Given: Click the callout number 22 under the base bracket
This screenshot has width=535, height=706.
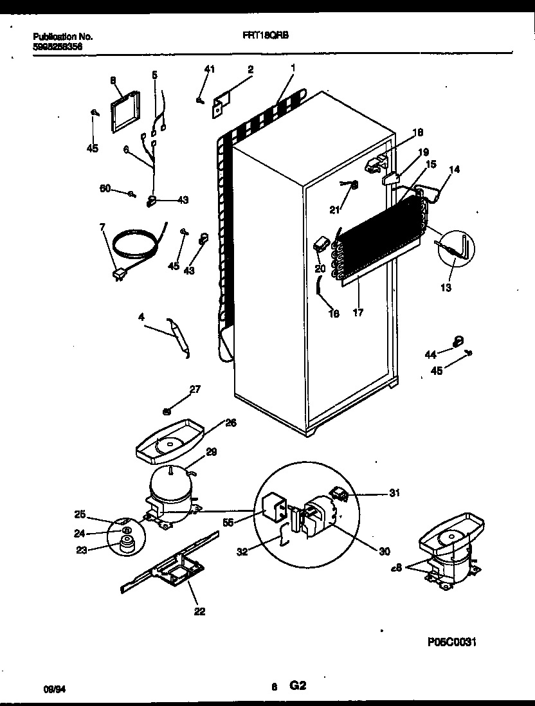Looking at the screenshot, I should click(x=199, y=611).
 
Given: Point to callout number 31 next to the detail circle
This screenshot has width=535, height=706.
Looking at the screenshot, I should click(x=394, y=493).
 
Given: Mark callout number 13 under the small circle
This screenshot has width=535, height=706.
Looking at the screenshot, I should click(x=446, y=287).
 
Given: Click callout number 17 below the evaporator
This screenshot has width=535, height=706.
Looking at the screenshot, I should click(x=358, y=312).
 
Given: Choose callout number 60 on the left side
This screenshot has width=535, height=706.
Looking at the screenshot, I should click(x=104, y=188).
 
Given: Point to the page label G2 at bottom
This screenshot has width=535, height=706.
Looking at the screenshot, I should click(x=297, y=686).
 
